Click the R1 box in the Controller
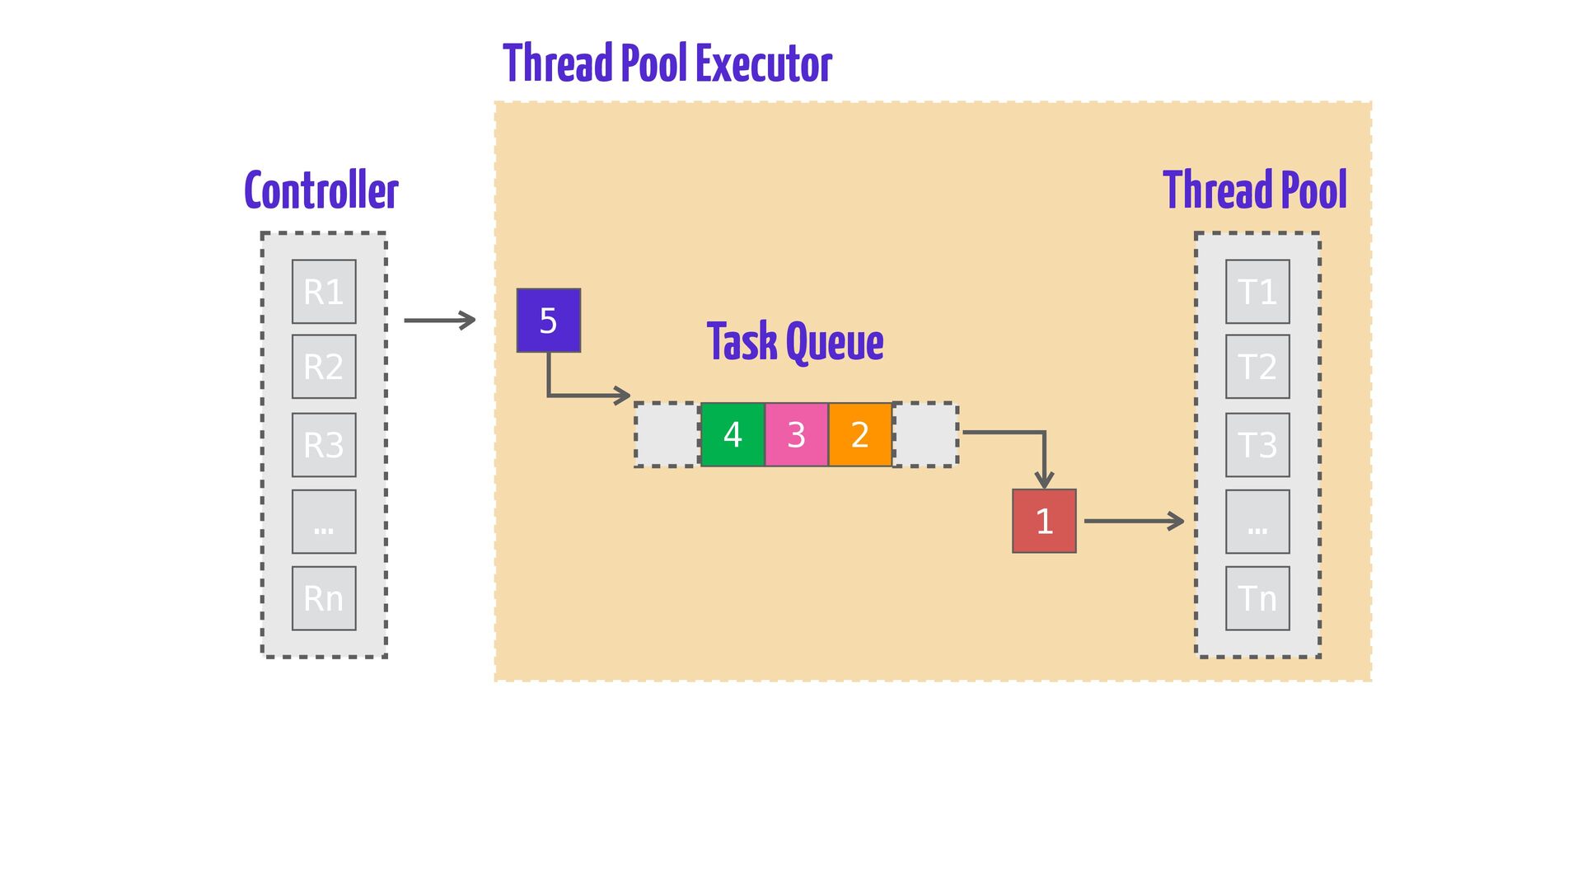[324, 292]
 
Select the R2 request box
[324, 367]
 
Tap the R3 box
[324, 445]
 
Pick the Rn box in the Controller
[324, 598]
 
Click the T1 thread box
[1257, 292]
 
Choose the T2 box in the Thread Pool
[1257, 367]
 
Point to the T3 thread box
[1257, 445]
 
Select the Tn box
[1257, 598]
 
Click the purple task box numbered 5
[549, 321]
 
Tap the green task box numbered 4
[732, 434]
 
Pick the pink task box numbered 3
[796, 434]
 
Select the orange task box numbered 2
[860, 434]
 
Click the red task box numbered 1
[1044, 521]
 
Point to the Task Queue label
[795, 342]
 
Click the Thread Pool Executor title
[667, 63]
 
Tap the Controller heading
[321, 191]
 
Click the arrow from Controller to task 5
[440, 320]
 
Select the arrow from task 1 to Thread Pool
[1134, 521]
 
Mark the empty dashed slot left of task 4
[667, 434]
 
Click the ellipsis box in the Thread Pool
[1257, 522]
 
